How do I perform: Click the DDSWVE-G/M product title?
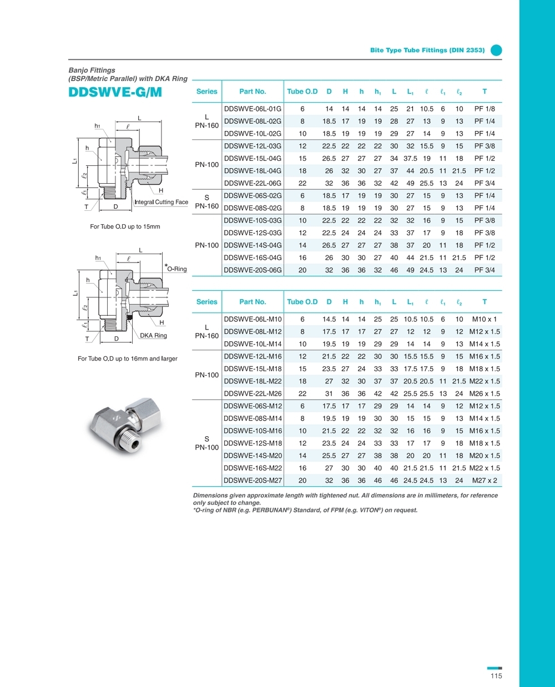(115, 92)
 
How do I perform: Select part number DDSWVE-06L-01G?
(253, 109)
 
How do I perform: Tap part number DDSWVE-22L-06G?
(253, 183)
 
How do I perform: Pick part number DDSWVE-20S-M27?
(253, 481)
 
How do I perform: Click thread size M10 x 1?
(485, 319)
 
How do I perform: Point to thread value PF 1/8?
(485, 109)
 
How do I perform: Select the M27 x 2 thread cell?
(485, 481)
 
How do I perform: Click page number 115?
(496, 675)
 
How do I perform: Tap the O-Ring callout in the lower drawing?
(177, 269)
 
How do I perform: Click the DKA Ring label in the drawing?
(153, 336)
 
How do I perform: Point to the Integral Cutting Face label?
(162, 203)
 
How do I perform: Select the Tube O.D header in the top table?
(302, 92)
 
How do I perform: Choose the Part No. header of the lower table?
(253, 302)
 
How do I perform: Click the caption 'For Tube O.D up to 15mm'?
(125, 226)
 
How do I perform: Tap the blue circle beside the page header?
(496, 50)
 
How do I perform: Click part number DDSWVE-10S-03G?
(253, 220)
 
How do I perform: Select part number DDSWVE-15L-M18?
(253, 369)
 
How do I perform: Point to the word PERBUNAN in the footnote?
(271, 510)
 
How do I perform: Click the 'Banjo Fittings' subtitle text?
(92, 70)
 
